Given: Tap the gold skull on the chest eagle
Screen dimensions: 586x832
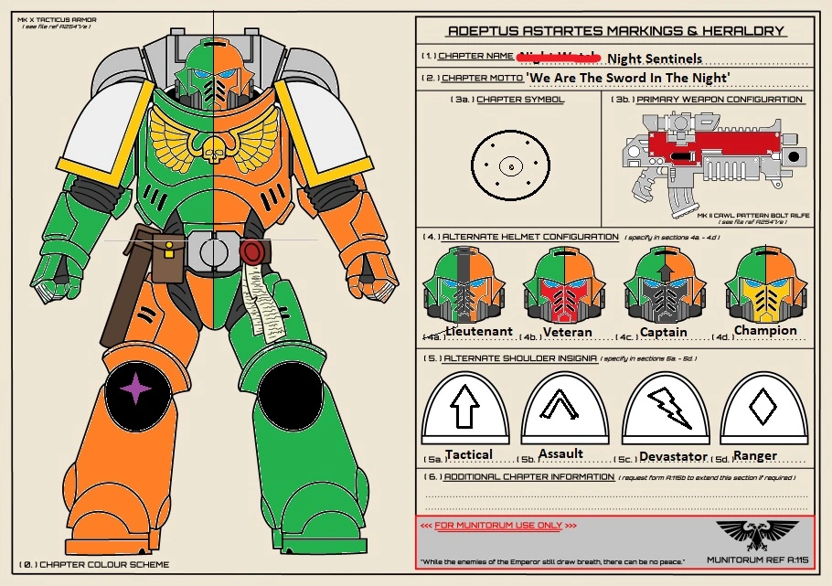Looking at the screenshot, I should pos(212,147).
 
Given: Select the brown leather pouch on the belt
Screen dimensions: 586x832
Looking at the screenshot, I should pos(166,259).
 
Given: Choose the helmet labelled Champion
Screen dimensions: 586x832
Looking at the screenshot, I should pos(764,283).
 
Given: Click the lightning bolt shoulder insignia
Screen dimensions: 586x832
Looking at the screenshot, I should pos(669,408).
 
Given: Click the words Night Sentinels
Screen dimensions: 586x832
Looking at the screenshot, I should pos(655,57).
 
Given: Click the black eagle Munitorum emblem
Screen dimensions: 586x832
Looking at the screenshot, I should pos(751,531).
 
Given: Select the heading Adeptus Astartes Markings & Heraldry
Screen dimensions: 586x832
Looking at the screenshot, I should pos(614,30).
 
